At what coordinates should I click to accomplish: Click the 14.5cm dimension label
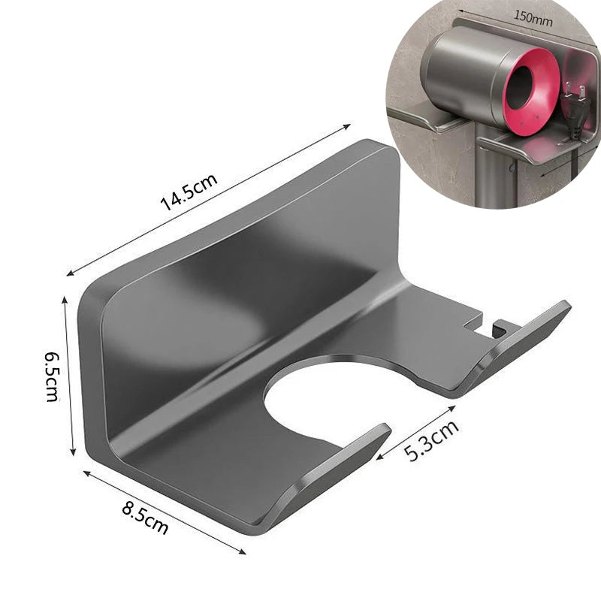(189, 194)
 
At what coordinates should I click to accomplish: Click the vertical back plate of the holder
(240, 248)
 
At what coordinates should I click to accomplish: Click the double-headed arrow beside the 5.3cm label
(415, 432)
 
